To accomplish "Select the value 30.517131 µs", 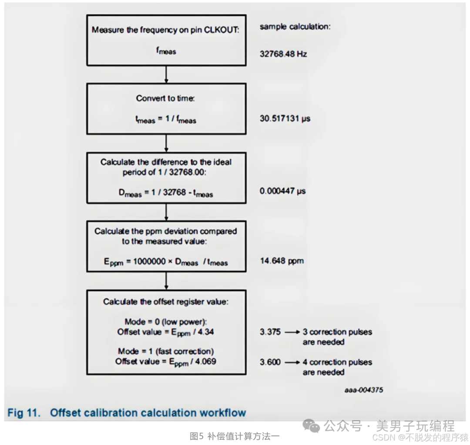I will click(x=285, y=118).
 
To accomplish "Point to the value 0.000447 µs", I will click(x=282, y=191).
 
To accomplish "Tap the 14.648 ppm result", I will click(x=282, y=261).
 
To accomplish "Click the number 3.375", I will click(x=270, y=332).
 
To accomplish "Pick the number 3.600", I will click(x=270, y=362).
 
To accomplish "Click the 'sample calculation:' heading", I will click(x=295, y=27).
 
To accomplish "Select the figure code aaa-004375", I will click(x=364, y=390).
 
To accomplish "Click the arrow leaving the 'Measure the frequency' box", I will click(x=166, y=74).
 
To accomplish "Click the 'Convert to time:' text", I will click(x=165, y=98).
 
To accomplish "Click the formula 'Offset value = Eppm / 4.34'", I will click(x=165, y=332).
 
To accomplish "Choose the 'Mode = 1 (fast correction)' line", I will click(x=165, y=351).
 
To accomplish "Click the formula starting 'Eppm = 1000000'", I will click(x=165, y=262).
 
